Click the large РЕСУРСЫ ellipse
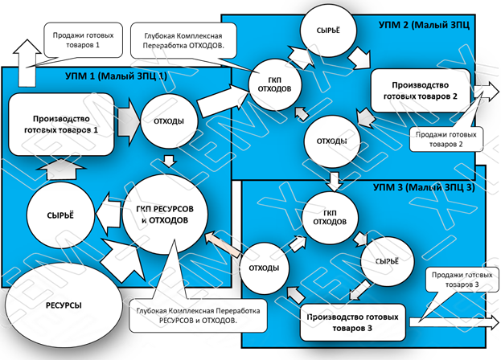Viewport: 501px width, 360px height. pyautogui.click(x=64, y=305)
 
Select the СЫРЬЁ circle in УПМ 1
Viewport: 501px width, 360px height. pyautogui.click(x=60, y=215)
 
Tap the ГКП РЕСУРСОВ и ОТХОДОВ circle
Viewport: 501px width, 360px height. pyautogui.click(x=165, y=215)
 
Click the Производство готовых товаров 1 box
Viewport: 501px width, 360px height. pyautogui.click(x=61, y=125)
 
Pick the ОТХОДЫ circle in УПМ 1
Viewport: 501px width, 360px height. pyautogui.click(x=169, y=121)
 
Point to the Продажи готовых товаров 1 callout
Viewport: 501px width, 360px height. pyautogui.click(x=83, y=40)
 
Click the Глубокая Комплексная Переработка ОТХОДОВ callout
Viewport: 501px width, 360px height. pyautogui.click(x=183, y=41)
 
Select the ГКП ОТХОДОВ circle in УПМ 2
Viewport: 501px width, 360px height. pyautogui.click(x=275, y=85)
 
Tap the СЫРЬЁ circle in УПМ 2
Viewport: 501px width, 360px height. pyautogui.click(x=328, y=31)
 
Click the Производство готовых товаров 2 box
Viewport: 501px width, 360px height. pyautogui.click(x=421, y=91)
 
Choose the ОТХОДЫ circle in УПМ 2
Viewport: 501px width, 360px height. pyautogui.click(x=332, y=141)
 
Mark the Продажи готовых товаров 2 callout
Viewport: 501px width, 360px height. pyautogui.click(x=446, y=139)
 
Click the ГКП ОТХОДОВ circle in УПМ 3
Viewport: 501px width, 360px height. pyautogui.click(x=330, y=218)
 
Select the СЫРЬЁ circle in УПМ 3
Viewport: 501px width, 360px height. pyautogui.click(x=388, y=261)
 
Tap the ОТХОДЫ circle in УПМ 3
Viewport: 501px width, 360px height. pyautogui.click(x=265, y=268)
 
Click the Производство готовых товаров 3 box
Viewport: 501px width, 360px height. pyautogui.click(x=353, y=322)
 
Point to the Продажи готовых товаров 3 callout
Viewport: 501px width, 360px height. pyautogui.click(x=462, y=280)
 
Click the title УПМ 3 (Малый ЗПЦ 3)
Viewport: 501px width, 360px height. pyautogui.click(x=424, y=187)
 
